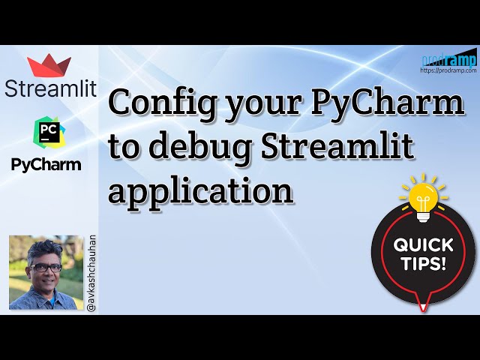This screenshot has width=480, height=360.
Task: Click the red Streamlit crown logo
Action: click(50, 64)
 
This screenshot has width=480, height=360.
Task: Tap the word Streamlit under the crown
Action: click(51, 88)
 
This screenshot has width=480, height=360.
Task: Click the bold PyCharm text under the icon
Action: click(46, 164)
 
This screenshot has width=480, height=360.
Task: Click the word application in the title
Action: click(200, 190)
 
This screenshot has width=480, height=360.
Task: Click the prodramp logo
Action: click(449, 59)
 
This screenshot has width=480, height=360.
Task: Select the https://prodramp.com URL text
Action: click(449, 70)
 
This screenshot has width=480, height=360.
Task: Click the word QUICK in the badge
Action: click(424, 245)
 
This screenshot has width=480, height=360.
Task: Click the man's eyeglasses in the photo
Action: click(46, 267)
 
